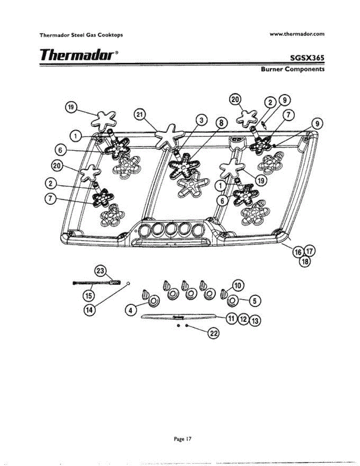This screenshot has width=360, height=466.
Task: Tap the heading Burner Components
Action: coord(292,70)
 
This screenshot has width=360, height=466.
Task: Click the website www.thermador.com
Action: coord(297,34)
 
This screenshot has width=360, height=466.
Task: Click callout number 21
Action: coord(139,115)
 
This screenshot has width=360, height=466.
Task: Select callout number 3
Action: coord(201,121)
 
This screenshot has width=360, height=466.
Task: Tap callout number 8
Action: coord(221,123)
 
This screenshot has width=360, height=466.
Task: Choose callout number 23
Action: coord(101,271)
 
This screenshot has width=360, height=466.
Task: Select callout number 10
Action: coord(238,286)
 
